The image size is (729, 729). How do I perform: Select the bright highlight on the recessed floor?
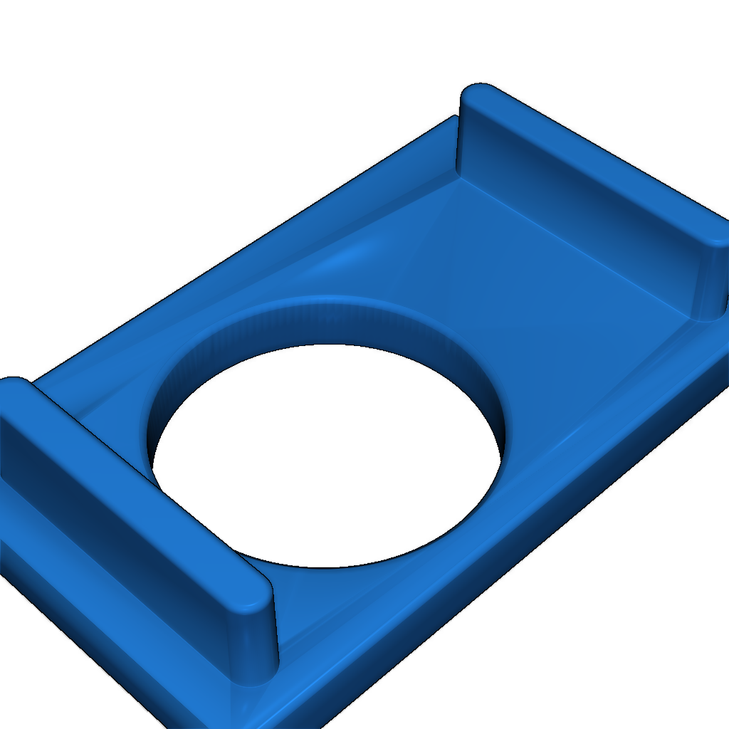pyautogui.click(x=349, y=256)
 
